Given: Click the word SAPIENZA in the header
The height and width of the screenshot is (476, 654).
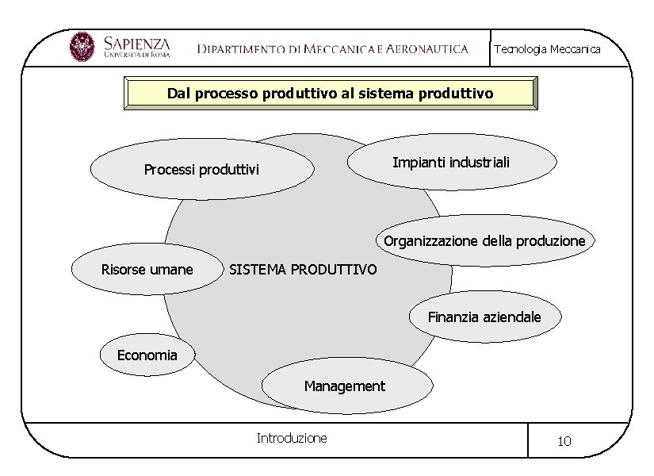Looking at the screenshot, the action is (136, 41).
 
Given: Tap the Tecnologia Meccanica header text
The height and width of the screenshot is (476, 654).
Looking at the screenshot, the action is (547, 49).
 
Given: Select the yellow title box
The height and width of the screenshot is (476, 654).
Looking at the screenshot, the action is (331, 93).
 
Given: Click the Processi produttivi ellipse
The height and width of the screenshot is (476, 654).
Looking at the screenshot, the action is (201, 169).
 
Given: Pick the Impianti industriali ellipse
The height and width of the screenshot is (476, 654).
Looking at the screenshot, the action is (451, 162).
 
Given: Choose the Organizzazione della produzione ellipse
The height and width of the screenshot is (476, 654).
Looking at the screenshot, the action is (484, 240).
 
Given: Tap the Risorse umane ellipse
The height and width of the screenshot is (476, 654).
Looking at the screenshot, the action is (147, 270).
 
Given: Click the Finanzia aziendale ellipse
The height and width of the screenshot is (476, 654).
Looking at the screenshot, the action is (484, 317).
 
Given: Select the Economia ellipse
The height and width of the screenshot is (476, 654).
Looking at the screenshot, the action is (147, 355).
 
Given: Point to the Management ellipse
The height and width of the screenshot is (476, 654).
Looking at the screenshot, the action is (346, 386).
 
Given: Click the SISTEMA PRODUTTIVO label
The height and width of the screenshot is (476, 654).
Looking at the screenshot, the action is (303, 270).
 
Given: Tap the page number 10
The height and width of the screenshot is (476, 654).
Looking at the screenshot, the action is (564, 441).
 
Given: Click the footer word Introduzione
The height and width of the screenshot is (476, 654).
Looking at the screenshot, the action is (292, 438).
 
